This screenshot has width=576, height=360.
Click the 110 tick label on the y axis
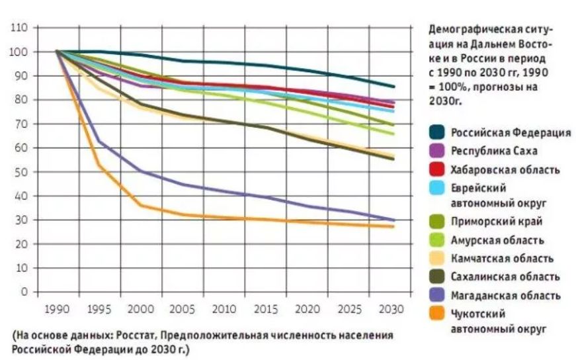point(19,28)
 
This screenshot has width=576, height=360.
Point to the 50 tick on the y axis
point(21,172)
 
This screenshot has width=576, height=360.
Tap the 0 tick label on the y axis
point(24,292)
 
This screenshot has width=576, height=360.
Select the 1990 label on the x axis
point(56,309)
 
